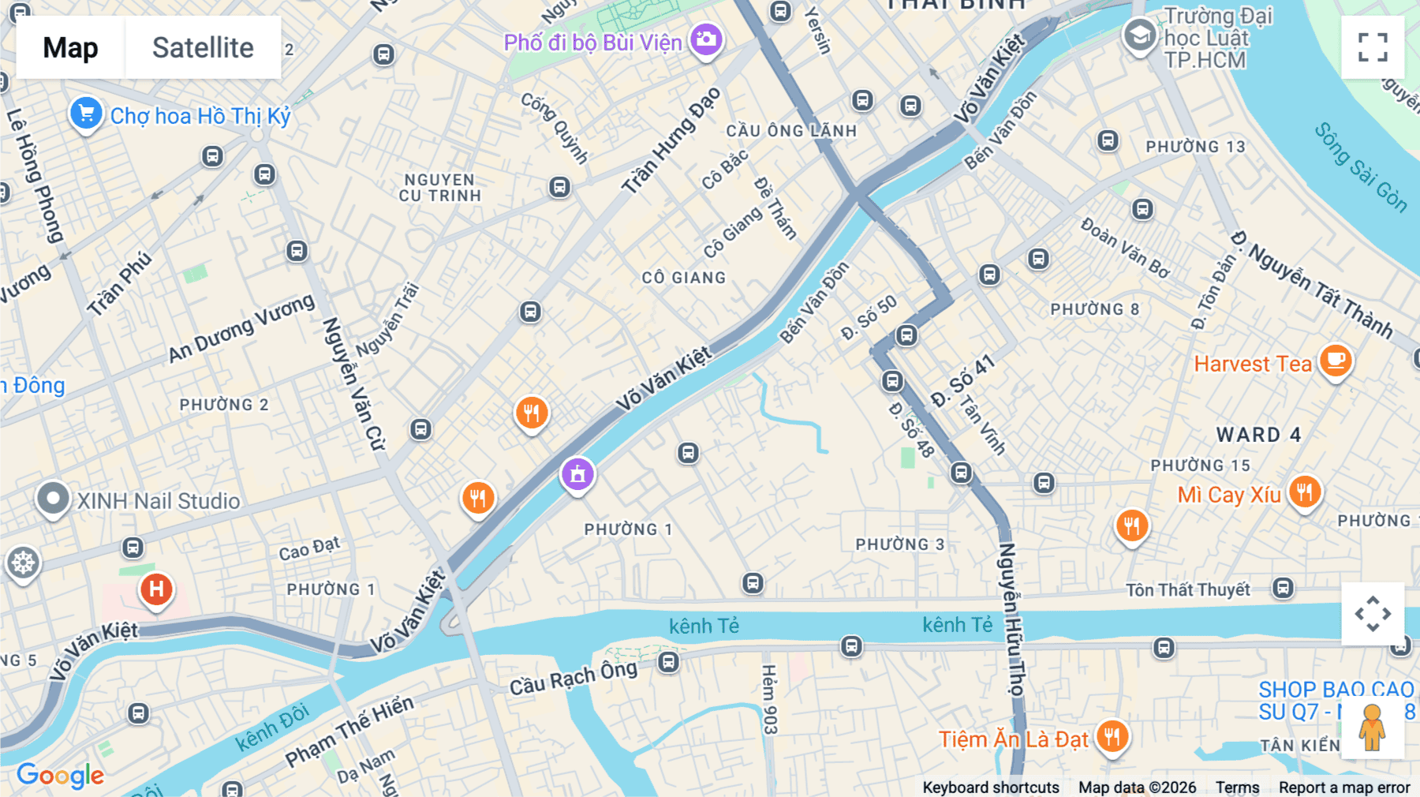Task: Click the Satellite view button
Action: point(203,47)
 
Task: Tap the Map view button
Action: point(70,47)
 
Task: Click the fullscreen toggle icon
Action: point(1373,47)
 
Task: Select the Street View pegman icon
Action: point(1372,727)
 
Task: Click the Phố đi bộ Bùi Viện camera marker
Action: point(705,39)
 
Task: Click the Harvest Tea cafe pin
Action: point(1335,361)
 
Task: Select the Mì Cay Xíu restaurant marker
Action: point(1304,492)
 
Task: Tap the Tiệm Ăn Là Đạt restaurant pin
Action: point(1112,736)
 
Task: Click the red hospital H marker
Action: point(156,589)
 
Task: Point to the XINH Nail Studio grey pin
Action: point(53,499)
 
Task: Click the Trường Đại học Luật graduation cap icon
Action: point(1139,35)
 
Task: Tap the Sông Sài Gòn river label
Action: point(1360,167)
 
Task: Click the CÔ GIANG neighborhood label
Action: point(683,278)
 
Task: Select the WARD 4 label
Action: point(1258,435)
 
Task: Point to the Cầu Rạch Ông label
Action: point(573,677)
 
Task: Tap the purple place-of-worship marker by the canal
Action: point(577,474)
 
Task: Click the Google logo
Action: point(60,775)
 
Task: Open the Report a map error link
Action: point(1344,788)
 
